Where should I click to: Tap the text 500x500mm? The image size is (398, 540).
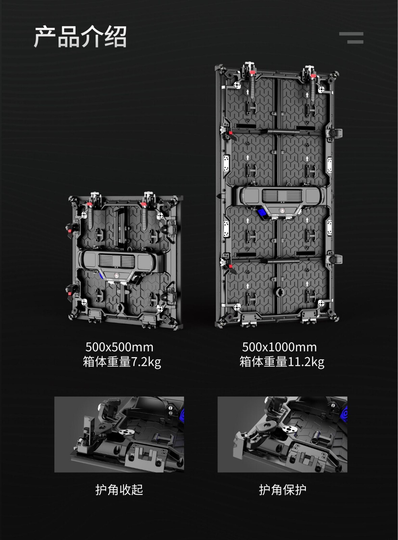(119, 347)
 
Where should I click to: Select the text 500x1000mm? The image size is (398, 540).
(280, 347)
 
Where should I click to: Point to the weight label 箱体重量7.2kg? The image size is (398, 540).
(122, 362)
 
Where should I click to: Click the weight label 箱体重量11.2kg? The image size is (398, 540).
(282, 362)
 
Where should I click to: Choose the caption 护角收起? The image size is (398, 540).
(119, 490)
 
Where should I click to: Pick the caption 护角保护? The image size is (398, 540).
(283, 490)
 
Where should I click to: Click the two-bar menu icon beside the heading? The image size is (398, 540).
(351, 38)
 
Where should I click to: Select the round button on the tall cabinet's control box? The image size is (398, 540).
(281, 210)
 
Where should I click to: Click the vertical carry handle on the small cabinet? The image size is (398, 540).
(120, 226)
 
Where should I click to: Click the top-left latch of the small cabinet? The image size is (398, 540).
(93, 209)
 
